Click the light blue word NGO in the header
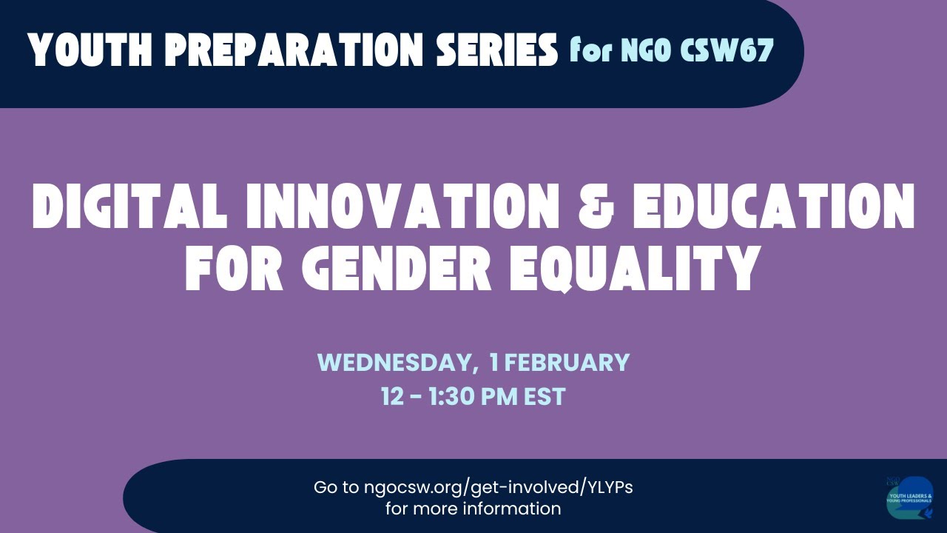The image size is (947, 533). [x=643, y=51]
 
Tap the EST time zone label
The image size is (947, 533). [x=545, y=397]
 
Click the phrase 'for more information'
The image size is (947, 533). [x=473, y=509]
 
